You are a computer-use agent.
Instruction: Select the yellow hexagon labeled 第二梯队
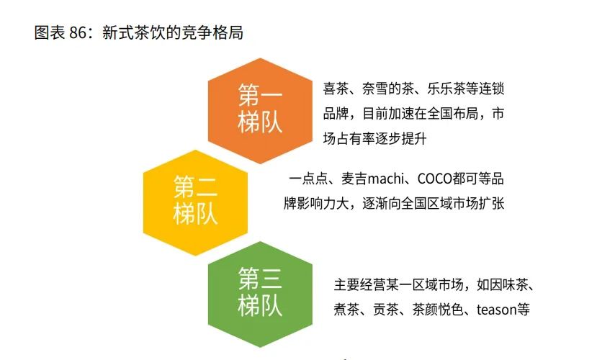pos(196,202)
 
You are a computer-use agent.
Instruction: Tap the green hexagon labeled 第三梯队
pos(260,292)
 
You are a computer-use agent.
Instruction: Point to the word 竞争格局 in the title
pos(217,34)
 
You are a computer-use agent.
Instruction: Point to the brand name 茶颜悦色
pos(439,310)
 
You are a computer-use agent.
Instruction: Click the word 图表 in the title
pos(48,34)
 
